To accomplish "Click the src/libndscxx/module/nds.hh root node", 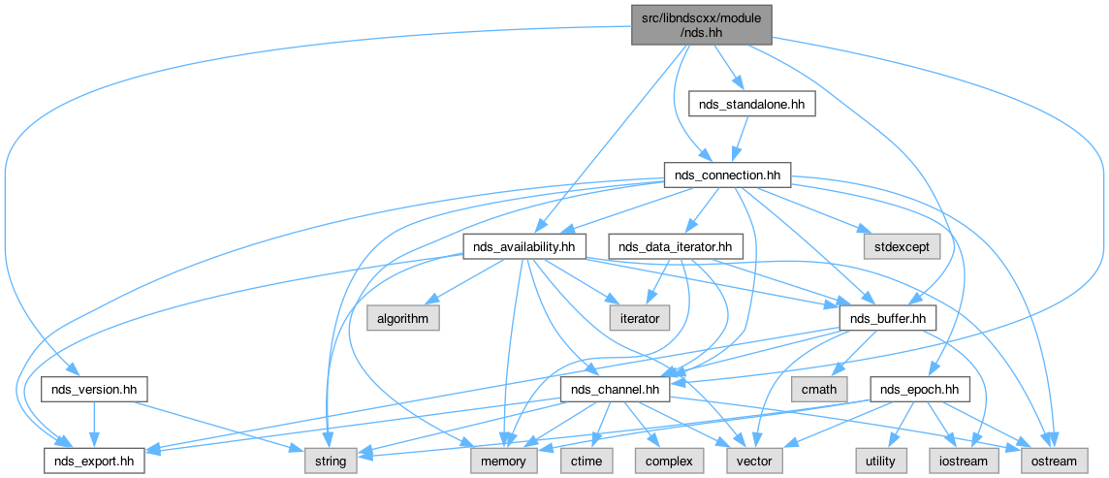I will (x=702, y=21).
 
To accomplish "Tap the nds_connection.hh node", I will (x=728, y=175).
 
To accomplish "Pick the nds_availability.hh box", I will (x=524, y=247).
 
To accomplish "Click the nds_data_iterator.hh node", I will (x=675, y=247).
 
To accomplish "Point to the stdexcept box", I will (x=898, y=247).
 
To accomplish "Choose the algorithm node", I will (x=403, y=318).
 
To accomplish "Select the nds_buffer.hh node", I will (x=887, y=318).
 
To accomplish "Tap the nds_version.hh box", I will (x=94, y=390).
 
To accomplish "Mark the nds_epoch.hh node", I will (x=920, y=390).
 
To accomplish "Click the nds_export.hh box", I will (x=94, y=462).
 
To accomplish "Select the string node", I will (x=332, y=462).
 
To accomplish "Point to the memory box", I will (x=503, y=462).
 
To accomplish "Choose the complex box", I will (x=668, y=462).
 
